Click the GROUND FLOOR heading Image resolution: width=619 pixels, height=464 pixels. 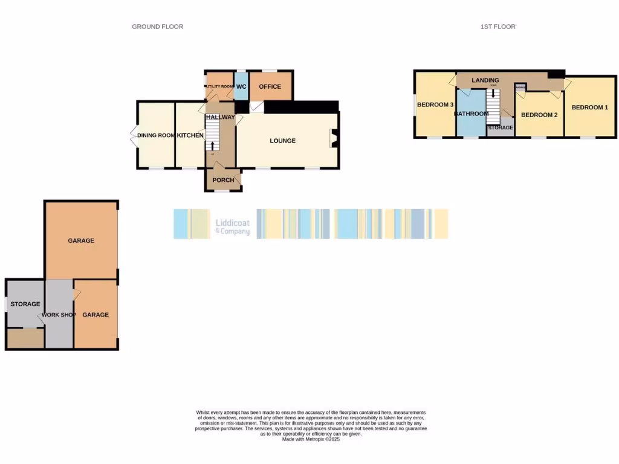click(x=157, y=27)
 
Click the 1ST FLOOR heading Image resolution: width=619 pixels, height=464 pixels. click(x=497, y=27)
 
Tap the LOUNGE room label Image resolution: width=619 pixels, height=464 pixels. click(x=283, y=141)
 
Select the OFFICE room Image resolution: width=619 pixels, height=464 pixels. click(x=270, y=86)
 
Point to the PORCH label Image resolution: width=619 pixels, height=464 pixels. click(x=223, y=180)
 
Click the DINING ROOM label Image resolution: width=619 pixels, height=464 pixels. click(x=156, y=135)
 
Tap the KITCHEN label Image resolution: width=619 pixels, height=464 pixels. click(x=190, y=135)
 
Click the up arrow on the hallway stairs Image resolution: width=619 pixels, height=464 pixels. click(x=212, y=146)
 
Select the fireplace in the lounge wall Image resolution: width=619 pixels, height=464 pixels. click(x=332, y=139)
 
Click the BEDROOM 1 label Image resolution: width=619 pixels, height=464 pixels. click(x=589, y=108)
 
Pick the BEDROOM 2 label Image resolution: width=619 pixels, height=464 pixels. click(x=539, y=115)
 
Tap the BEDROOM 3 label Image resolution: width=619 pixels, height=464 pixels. click(x=435, y=105)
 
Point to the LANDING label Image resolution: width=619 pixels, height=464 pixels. click(x=485, y=80)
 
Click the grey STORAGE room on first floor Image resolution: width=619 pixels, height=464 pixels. click(x=501, y=128)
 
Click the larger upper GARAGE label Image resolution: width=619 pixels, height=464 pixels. click(x=81, y=240)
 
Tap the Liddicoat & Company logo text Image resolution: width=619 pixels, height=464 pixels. click(x=233, y=227)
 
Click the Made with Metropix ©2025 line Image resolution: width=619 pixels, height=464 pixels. click(x=311, y=439)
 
